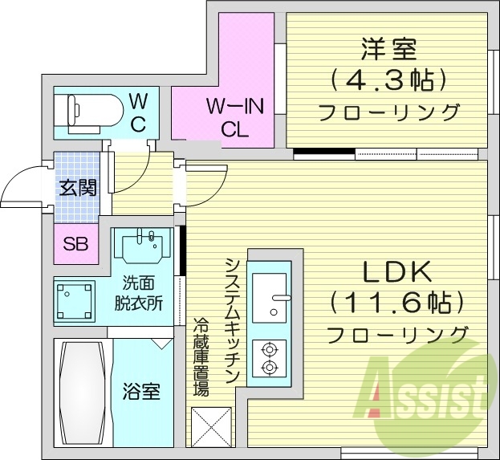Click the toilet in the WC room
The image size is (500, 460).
88,112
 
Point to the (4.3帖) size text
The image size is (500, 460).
388,80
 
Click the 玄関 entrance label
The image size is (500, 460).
77,189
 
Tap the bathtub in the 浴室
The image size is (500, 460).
83,393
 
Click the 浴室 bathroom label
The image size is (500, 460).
141,393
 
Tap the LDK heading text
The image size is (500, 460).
396,273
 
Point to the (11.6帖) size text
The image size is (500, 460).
396,303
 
